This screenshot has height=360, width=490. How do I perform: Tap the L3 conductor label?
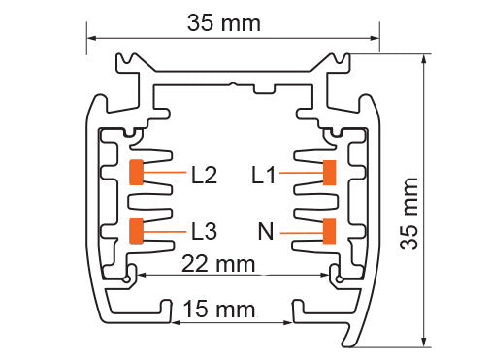205,231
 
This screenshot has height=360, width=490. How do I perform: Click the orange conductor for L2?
137,173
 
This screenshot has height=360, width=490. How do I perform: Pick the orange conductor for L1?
330,173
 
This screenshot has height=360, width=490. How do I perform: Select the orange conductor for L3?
137,230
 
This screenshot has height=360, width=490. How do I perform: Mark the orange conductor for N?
330,230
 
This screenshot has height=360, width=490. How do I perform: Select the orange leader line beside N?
301,231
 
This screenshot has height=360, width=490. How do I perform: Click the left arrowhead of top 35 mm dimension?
93,39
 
